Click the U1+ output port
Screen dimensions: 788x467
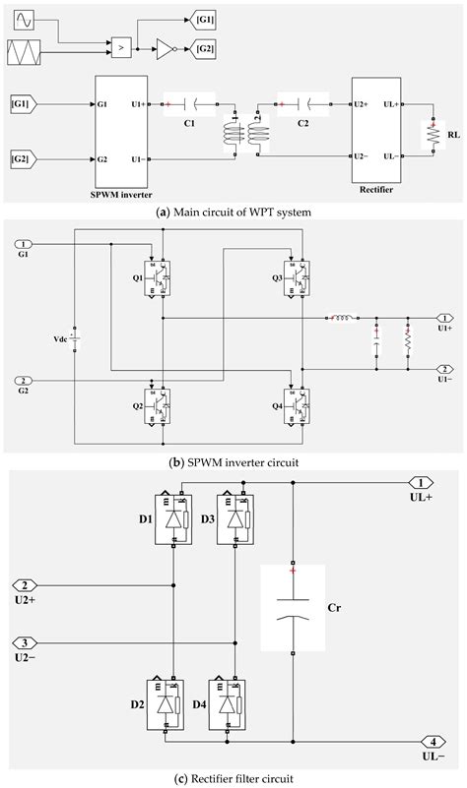[x=445, y=318]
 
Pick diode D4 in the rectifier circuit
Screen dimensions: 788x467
[x=230, y=702]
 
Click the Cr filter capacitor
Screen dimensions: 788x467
[x=293, y=607]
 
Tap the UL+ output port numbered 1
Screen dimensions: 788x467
[x=421, y=483]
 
